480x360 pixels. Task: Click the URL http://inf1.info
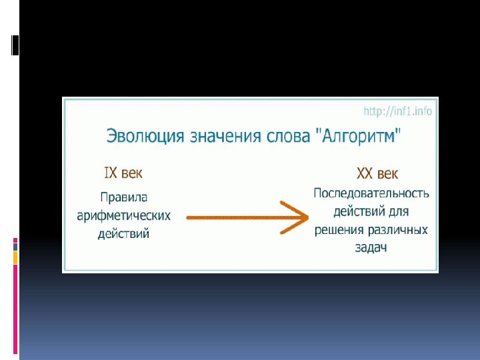[x=397, y=111]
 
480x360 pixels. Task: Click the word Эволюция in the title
[x=143, y=137]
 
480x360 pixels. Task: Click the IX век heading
[x=123, y=173]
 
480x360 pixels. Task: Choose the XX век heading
[x=377, y=174]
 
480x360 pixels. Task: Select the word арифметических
[x=124, y=216]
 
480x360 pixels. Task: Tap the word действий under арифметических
[x=123, y=234]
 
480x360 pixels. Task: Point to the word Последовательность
[x=371, y=194]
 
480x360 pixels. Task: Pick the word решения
[x=339, y=230]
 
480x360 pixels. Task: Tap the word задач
[x=371, y=248]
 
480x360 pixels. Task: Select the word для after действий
[x=398, y=212]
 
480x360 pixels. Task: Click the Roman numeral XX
[x=365, y=174]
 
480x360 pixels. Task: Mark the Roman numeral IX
[x=111, y=173]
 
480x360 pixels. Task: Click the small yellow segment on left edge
[x=15, y=257]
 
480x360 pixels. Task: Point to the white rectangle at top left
[x=15, y=45]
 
